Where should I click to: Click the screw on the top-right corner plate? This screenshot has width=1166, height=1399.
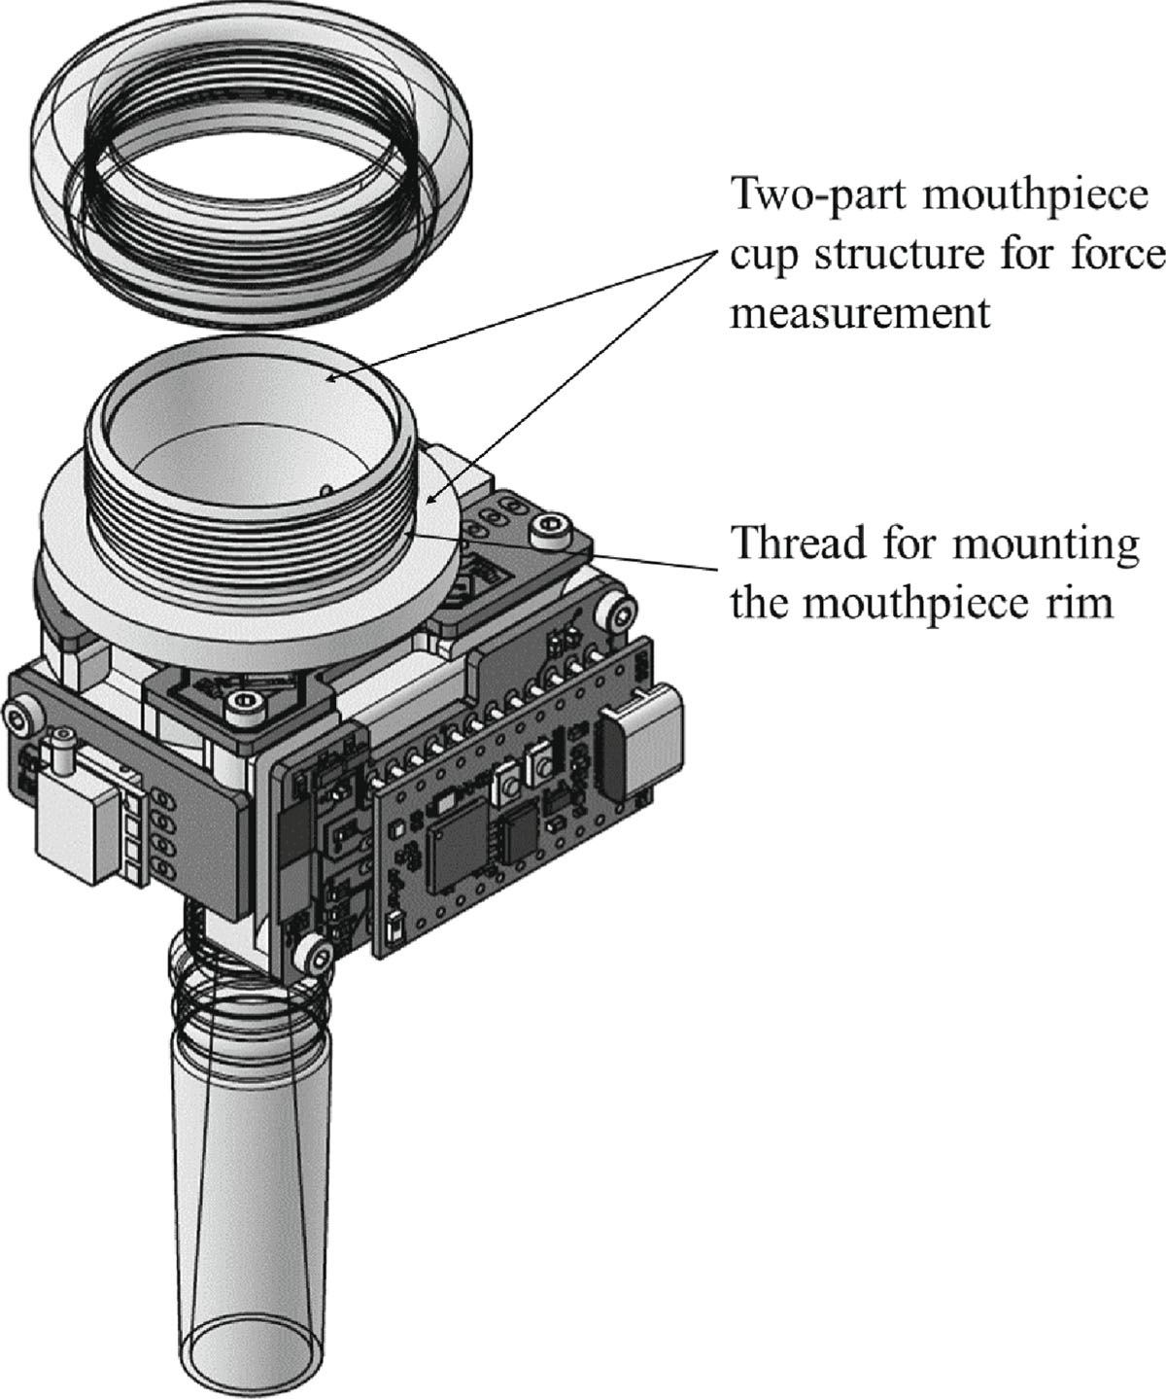(541, 531)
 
